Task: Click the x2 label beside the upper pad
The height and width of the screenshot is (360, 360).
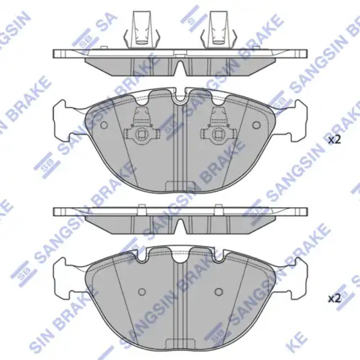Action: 335,140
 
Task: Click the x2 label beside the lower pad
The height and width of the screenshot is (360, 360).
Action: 335,299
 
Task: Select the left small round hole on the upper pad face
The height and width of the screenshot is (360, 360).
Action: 104,125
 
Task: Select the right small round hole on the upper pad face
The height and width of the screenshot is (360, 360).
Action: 256,125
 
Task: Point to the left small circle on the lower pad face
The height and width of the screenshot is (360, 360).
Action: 142,292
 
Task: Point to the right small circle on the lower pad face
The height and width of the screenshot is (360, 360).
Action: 218,292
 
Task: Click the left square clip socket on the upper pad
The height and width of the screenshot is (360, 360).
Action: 142,134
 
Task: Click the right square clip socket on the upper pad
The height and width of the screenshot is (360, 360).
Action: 218,134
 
